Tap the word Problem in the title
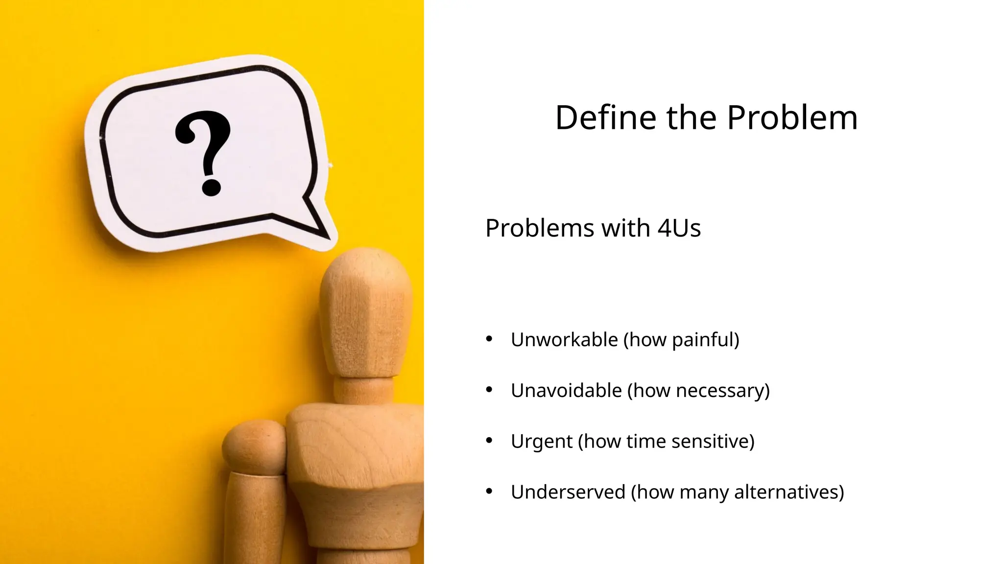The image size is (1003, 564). point(792,118)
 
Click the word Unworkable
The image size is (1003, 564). point(564,340)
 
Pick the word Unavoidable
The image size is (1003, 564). point(566,391)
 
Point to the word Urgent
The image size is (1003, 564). point(541,442)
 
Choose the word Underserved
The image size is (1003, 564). point(568,492)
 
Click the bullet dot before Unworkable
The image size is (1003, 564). point(489,339)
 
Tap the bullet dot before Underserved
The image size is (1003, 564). point(489,491)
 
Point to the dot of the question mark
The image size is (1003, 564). point(212,188)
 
